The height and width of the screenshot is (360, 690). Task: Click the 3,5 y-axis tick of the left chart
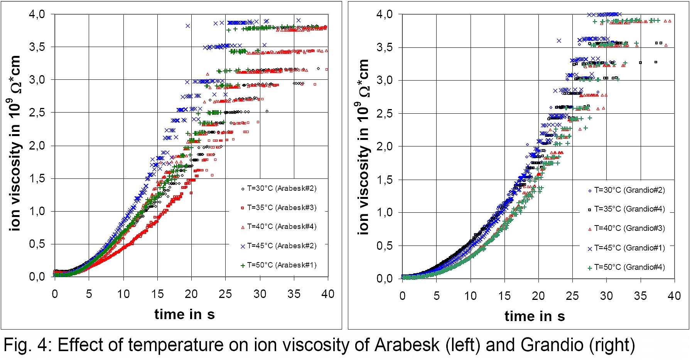point(37,47)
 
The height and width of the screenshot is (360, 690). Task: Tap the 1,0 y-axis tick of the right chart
point(385,212)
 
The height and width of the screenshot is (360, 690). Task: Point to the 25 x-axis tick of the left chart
point(225,294)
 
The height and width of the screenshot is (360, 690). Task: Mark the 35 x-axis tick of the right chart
point(640,296)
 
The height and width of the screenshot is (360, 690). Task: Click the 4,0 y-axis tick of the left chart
point(37,14)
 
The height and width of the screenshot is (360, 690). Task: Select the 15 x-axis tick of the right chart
point(504,296)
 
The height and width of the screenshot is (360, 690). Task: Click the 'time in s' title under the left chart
point(184,315)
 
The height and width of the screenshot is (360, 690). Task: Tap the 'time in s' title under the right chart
point(535,316)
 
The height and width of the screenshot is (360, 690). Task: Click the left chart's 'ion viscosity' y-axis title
point(15,143)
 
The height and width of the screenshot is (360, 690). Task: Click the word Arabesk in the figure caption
point(407,345)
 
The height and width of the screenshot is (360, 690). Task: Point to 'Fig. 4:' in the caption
point(28,345)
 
